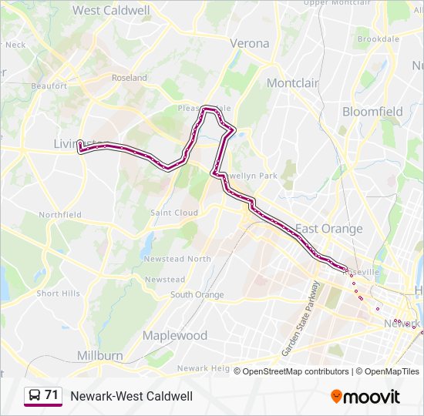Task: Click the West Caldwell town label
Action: tap(113, 10)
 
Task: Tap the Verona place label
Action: tap(250, 43)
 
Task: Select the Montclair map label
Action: tap(292, 82)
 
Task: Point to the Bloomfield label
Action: tap(372, 112)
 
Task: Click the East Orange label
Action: tap(329, 229)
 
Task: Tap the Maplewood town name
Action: tap(175, 336)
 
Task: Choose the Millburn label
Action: tap(99, 355)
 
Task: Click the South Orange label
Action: tap(197, 294)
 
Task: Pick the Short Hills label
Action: tap(58, 294)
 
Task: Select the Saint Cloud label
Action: tap(174, 213)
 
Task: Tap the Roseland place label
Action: tap(130, 78)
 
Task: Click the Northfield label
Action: tap(60, 214)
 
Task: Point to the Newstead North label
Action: tap(177, 259)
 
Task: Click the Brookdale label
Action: tap(378, 39)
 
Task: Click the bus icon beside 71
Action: tap(34, 396)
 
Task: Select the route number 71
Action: tap(52, 395)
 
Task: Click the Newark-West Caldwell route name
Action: tap(131, 396)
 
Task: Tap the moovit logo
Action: tap(365, 396)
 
